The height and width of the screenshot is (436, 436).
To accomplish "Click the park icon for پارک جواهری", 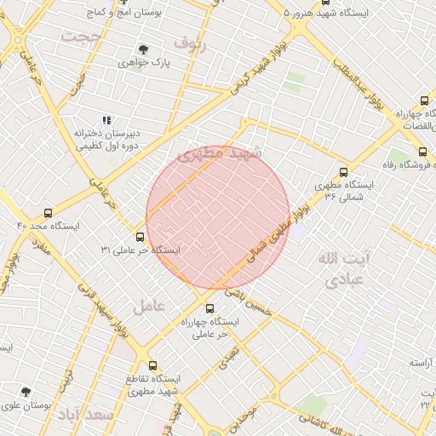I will (142, 49).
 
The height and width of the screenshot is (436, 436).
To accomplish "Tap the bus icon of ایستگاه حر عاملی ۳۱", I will (140, 237).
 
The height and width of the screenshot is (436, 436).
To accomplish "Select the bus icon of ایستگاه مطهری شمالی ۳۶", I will (343, 171).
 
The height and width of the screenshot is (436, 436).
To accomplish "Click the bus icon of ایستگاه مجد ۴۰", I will (47, 213).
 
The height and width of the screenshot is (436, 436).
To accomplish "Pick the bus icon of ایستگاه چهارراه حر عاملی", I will (210, 307).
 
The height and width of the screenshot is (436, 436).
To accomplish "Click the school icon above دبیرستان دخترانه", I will (106, 120).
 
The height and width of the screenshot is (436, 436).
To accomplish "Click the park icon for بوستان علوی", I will (26, 393).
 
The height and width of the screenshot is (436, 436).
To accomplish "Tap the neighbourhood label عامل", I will (147, 304).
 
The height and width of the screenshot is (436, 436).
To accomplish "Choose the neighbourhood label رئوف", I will (189, 41).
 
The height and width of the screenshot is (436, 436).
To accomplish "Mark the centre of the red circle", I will (218, 217).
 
